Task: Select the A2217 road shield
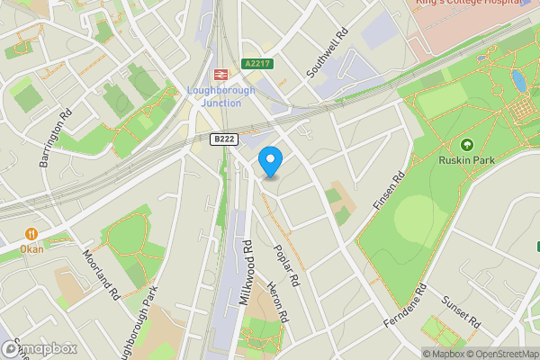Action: tap(255, 63)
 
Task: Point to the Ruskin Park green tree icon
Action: tap(466, 145)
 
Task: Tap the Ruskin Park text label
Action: tap(467, 163)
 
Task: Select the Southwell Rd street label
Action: tap(327, 53)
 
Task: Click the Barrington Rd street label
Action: tap(54, 139)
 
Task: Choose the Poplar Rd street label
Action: tap(288, 267)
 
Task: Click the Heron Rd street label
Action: tap(278, 303)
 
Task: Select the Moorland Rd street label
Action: tap(101, 274)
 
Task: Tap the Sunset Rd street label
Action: tap(464, 311)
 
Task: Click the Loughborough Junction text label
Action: tap(220, 96)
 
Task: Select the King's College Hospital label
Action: tap(470, 4)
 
